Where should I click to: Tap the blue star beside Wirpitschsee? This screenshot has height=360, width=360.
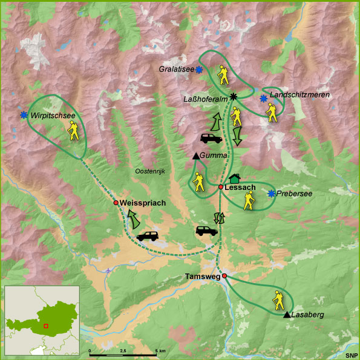click(x=24, y=115)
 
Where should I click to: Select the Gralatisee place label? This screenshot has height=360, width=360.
click(x=176, y=70)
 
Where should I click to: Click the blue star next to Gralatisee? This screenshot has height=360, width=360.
click(x=198, y=70)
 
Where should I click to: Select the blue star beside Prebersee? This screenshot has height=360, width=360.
click(x=272, y=194)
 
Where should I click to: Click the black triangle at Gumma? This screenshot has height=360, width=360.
click(x=195, y=157)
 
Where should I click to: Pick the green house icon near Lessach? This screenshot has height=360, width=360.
click(x=234, y=178)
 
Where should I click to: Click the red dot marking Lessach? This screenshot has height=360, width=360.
click(x=221, y=187)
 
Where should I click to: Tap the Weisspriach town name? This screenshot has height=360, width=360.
click(x=143, y=203)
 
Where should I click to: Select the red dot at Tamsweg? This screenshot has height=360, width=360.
click(x=224, y=276)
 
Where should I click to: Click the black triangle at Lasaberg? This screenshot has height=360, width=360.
click(x=286, y=315)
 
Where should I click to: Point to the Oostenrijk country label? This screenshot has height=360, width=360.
click(x=150, y=171)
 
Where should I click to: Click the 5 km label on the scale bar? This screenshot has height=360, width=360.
click(x=160, y=350)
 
